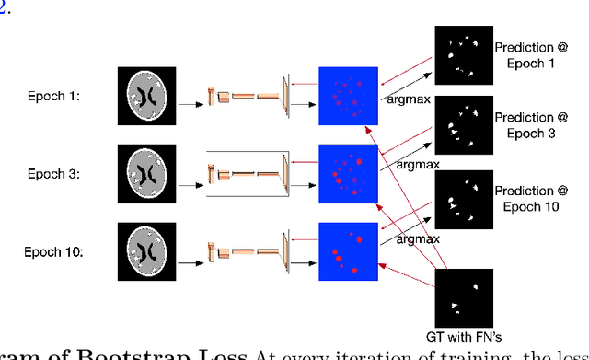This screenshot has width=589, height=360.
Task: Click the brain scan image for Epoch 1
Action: coord(150,96)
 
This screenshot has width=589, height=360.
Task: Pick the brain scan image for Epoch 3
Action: coord(150,173)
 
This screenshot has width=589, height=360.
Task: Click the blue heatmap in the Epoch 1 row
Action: coord(349,96)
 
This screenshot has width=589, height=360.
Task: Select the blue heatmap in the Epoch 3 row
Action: coord(349,173)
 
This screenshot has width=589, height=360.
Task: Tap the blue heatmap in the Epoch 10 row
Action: coord(349,251)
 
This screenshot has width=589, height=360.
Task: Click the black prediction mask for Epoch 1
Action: coord(462,55)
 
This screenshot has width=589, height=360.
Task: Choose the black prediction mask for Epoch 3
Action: coord(462,125)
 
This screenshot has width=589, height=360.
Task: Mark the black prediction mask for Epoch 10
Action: coord(462,198)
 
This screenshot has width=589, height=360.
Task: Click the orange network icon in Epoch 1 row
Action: coord(247,95)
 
